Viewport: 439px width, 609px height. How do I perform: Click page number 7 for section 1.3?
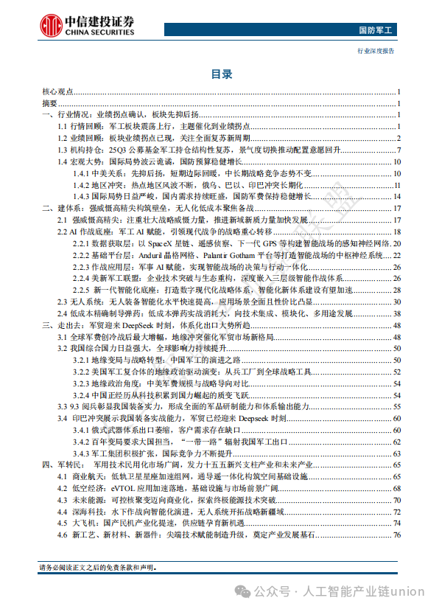(x=398, y=150)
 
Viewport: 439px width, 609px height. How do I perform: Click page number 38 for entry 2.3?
(x=396, y=302)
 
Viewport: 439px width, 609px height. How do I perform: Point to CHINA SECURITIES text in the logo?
(x=109, y=31)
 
